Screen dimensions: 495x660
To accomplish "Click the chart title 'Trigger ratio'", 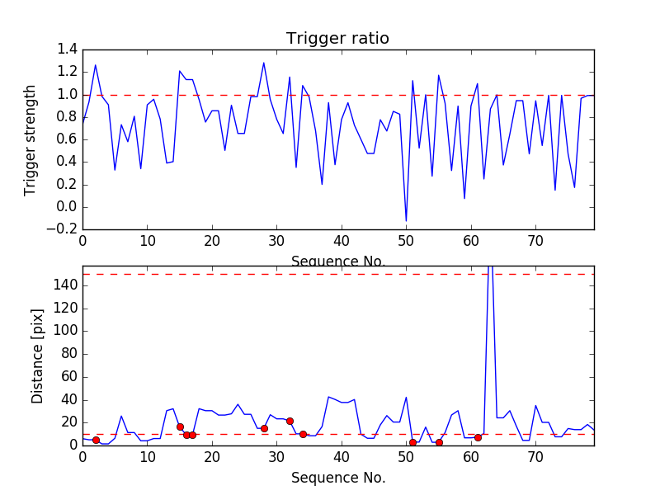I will click(x=337, y=39).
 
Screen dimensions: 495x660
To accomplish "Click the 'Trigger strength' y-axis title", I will click(x=31, y=139).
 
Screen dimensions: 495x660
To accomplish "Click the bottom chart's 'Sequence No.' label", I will click(x=337, y=478).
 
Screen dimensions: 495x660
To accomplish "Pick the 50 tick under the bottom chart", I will click(x=406, y=459).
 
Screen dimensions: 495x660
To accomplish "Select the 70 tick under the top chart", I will click(x=535, y=243).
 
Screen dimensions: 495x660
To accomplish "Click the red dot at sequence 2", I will click(x=96, y=441).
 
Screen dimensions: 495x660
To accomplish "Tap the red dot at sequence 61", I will click(x=478, y=437).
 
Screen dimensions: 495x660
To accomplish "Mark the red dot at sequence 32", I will click(x=290, y=421).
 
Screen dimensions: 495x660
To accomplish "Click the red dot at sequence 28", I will click(x=264, y=428).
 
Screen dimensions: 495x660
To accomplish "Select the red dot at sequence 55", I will click(x=439, y=442).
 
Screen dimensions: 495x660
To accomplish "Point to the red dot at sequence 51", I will click(x=412, y=442).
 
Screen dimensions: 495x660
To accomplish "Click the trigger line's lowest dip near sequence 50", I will click(x=406, y=221).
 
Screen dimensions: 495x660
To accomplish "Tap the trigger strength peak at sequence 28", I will click(x=264, y=63).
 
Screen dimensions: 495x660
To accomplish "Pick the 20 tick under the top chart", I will click(x=212, y=243).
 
